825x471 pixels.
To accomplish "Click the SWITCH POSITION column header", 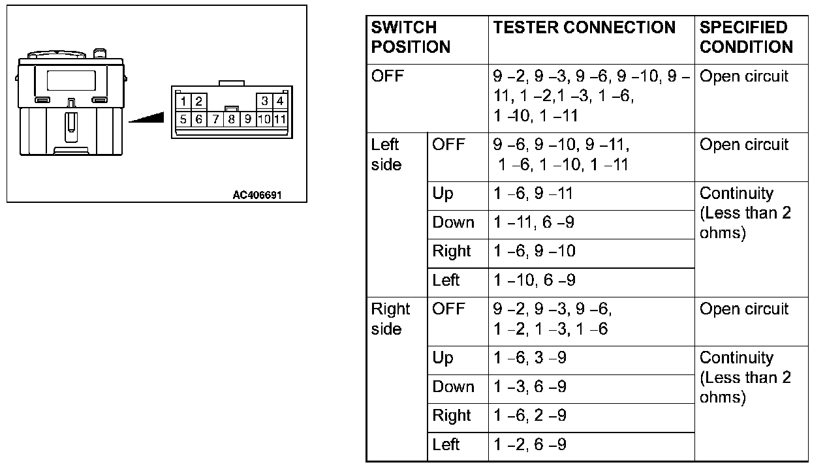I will coord(411,37).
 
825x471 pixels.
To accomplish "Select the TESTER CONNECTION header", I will coord(584,27).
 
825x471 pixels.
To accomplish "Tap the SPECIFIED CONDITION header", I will coord(746,37).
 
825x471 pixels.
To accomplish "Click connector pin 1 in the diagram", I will coord(184,101).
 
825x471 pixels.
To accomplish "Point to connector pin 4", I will coord(279,101).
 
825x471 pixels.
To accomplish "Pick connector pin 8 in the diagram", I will coord(231,119).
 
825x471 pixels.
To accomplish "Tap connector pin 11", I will coord(279,119).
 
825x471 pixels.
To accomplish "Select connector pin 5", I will coord(184,119).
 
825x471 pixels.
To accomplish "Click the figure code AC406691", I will coord(257,195).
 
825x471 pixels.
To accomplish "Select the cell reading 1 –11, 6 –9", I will coord(534,222).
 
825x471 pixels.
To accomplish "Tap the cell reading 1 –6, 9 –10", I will coord(534,251).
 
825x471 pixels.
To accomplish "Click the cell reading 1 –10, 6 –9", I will coord(534,280).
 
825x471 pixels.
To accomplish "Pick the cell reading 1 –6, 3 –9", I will coord(530,358).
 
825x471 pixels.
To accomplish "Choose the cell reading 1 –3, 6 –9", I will coord(530,387).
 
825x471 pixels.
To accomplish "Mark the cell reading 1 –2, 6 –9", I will coord(530,444).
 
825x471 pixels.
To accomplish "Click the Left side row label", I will coord(386,155).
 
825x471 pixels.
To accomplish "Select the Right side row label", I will coord(390,319).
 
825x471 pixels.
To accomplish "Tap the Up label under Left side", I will coord(443,194).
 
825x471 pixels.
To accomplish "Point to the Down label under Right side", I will coord(453,387).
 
